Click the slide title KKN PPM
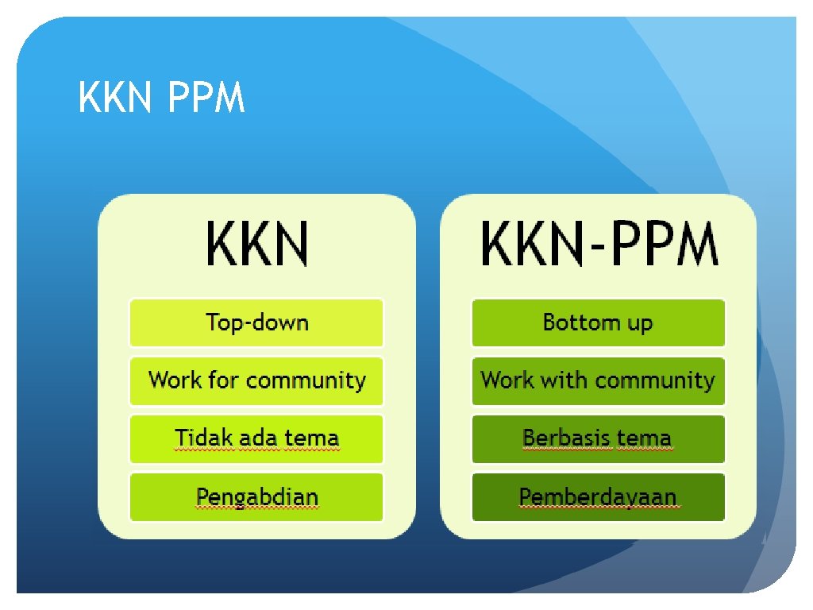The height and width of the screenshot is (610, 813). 161,100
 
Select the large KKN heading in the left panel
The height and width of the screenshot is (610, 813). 256,245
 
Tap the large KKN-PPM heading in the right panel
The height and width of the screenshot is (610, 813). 599,245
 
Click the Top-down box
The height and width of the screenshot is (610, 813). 256,322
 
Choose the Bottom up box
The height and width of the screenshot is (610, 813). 598,322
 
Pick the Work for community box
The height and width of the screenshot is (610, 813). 256,380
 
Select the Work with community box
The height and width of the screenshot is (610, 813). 598,380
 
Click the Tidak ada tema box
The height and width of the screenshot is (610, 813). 256,438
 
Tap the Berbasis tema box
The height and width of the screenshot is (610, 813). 598,438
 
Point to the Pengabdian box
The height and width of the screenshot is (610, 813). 256,497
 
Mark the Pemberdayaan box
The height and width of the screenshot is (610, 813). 598,497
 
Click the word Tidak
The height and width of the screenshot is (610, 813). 197,438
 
